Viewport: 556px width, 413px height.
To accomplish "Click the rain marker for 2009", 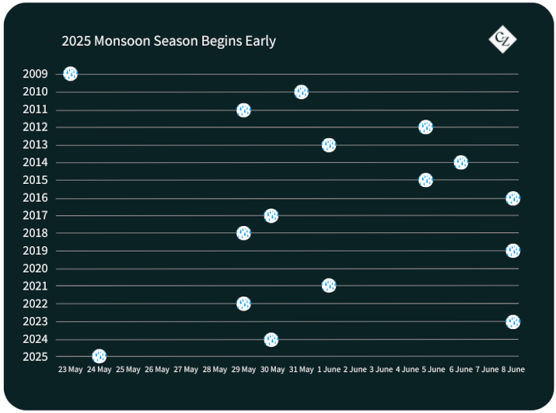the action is tap(70, 74).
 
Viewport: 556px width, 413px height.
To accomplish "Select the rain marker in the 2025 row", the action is tap(100, 356).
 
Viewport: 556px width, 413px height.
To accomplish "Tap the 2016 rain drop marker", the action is tap(512, 198).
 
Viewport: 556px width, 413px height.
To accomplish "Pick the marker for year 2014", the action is tap(460, 162).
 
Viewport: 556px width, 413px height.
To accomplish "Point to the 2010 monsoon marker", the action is tap(302, 92).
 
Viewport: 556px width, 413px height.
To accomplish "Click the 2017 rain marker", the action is tap(271, 216).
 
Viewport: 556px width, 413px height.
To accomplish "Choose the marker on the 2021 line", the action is tap(329, 285).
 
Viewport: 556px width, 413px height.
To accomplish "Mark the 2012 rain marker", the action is tap(425, 127).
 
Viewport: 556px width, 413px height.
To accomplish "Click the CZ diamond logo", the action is tap(502, 40).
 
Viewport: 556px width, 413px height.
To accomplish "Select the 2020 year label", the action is tap(35, 269).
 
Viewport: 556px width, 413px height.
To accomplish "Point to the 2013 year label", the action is tap(35, 144).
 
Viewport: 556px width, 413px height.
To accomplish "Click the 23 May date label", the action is tap(70, 370).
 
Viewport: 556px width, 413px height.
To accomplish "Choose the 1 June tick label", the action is tap(329, 370).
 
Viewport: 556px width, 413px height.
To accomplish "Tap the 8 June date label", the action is tap(512, 370).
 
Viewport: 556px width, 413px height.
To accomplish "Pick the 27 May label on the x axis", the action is tap(186, 370).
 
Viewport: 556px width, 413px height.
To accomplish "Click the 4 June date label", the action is tap(407, 370).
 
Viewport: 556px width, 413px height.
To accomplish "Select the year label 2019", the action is tap(35, 251).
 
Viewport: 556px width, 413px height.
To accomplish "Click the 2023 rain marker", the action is tap(512, 321).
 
